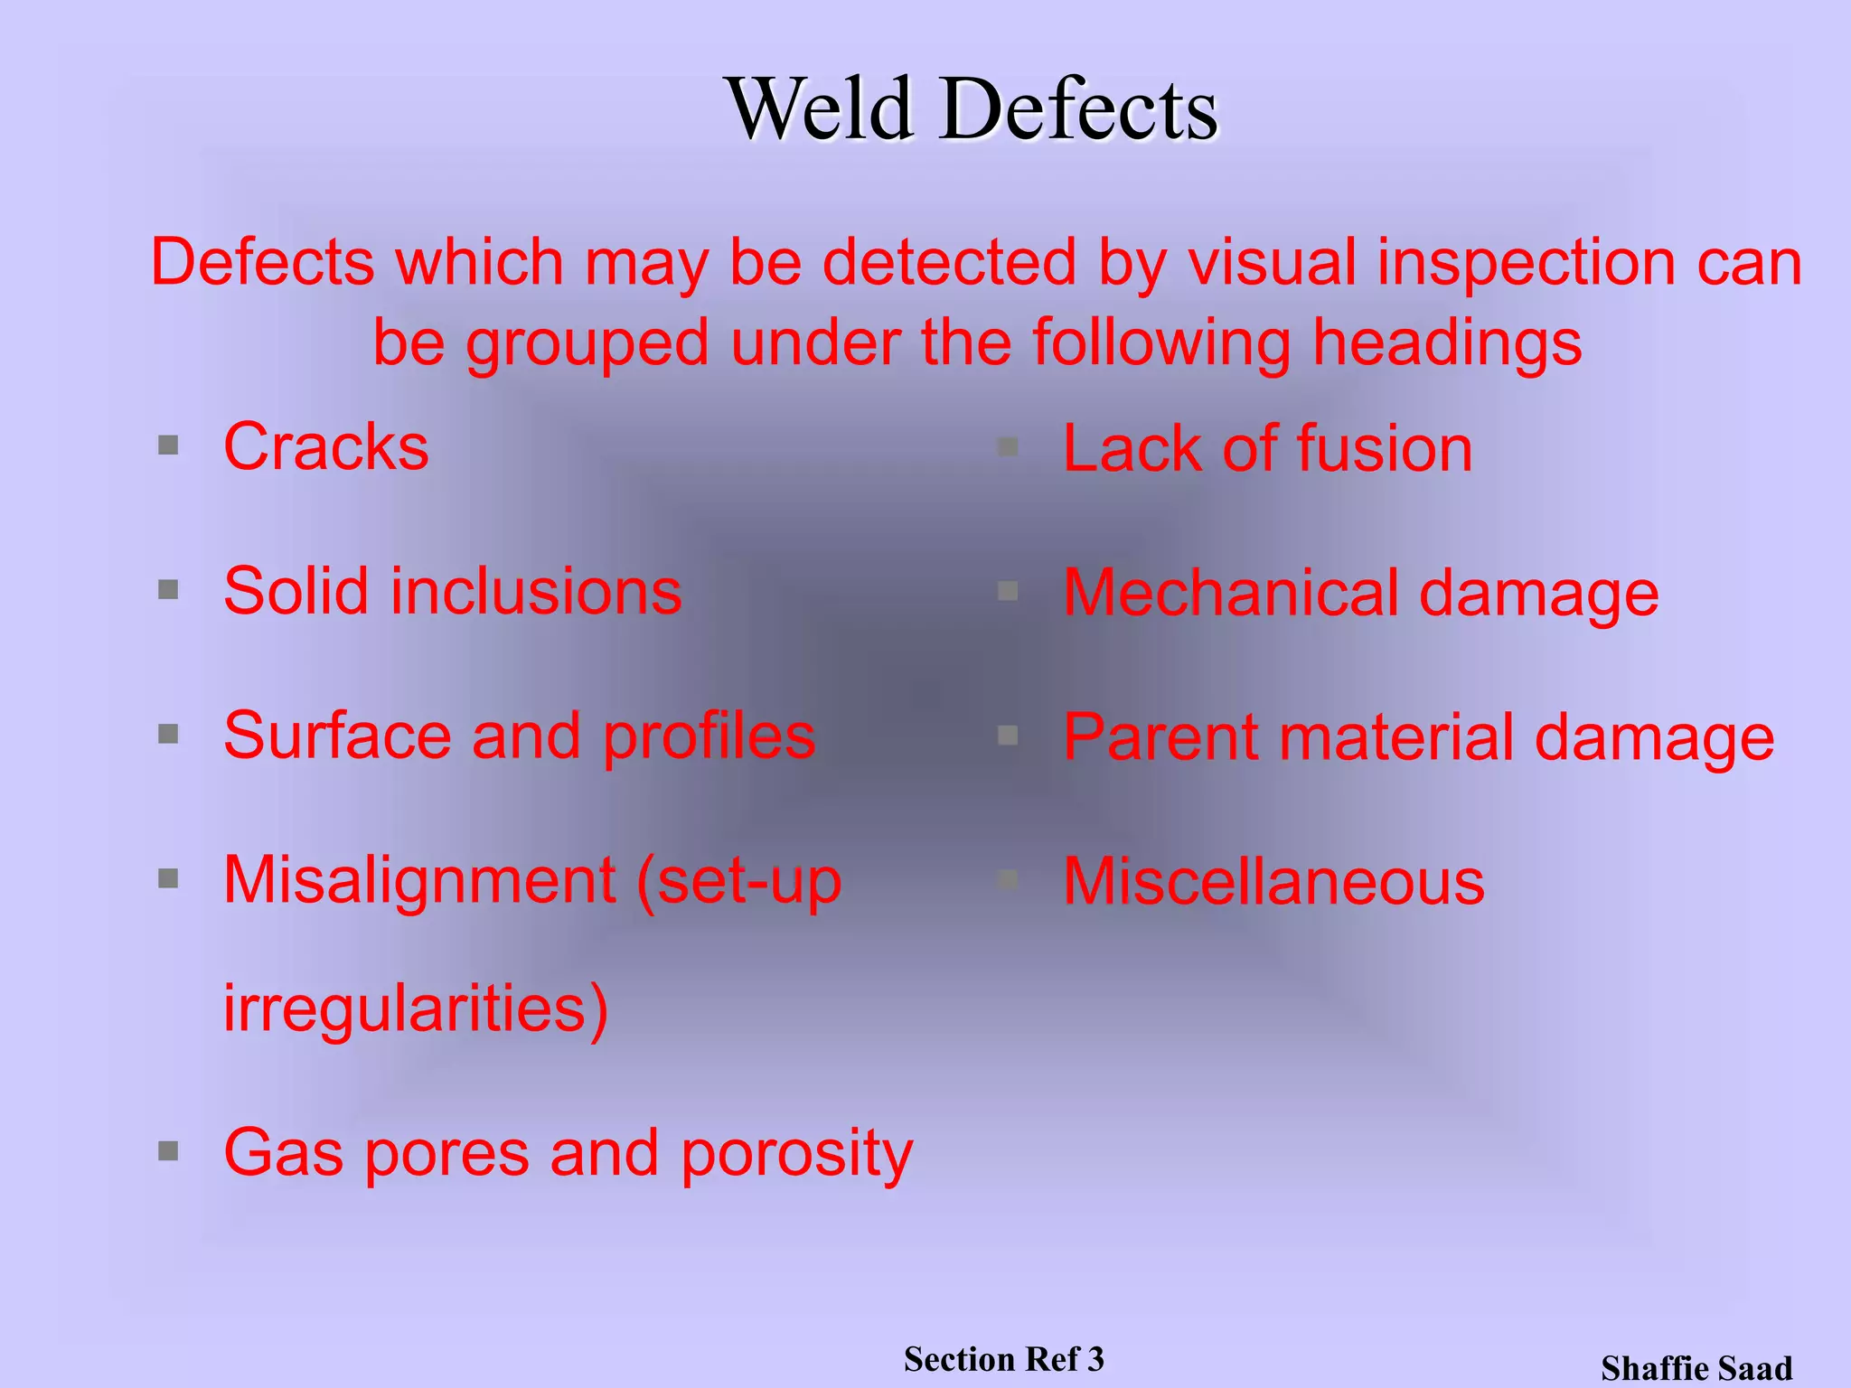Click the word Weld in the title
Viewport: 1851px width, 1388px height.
click(x=821, y=109)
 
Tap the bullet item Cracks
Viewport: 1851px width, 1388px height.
click(x=326, y=446)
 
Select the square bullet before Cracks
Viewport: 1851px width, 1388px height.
click(x=168, y=445)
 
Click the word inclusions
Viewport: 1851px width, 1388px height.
click(x=536, y=591)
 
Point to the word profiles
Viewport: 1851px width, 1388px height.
click(x=709, y=736)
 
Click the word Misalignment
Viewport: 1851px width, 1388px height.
click(x=419, y=879)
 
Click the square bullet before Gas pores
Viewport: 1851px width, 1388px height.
click(x=168, y=1151)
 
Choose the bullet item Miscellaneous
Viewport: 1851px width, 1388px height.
click(x=1273, y=882)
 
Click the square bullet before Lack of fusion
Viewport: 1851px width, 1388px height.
click(x=1008, y=446)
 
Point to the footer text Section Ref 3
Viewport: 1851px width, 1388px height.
click(x=1003, y=1359)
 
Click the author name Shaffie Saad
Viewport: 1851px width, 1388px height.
click(x=1696, y=1368)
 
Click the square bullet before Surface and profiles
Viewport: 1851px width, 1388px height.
click(x=168, y=734)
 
